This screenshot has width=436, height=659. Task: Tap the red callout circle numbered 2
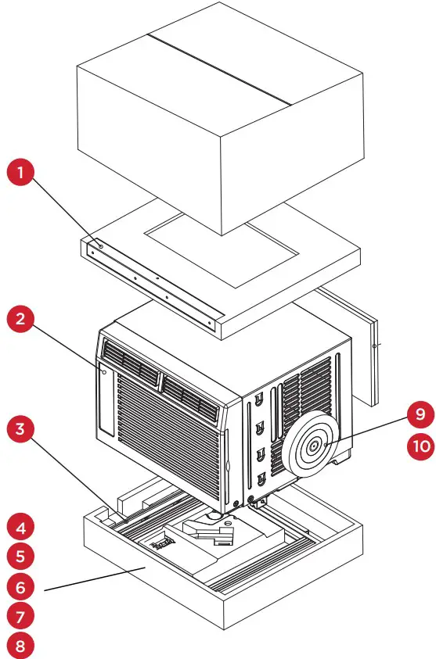point(23,320)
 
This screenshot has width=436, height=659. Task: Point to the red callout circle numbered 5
point(23,556)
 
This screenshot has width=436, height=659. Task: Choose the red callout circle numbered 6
point(23,586)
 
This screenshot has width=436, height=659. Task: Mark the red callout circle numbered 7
point(23,615)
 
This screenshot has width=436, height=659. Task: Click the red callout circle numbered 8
point(23,645)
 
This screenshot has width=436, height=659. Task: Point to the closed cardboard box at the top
point(219,117)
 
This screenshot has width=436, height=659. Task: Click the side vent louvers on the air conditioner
point(313,391)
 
